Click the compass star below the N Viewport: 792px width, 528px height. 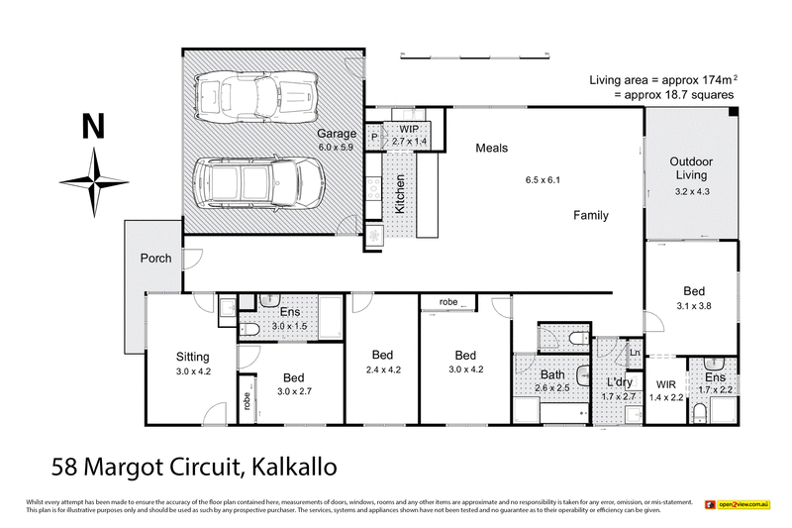[x=94, y=181]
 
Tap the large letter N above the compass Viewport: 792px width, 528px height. [x=93, y=126]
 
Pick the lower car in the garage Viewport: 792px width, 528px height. [x=259, y=183]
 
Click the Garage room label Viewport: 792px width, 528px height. [x=336, y=134]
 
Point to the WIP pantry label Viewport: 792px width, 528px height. [x=410, y=130]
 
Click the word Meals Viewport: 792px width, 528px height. [x=491, y=149]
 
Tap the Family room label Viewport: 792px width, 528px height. [x=590, y=215]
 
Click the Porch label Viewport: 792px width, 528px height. [x=155, y=259]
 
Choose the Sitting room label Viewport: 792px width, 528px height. [x=193, y=357]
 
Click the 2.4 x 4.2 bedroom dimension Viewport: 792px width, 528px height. [x=382, y=370]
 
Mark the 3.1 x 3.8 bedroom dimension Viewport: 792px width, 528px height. [x=694, y=306]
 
